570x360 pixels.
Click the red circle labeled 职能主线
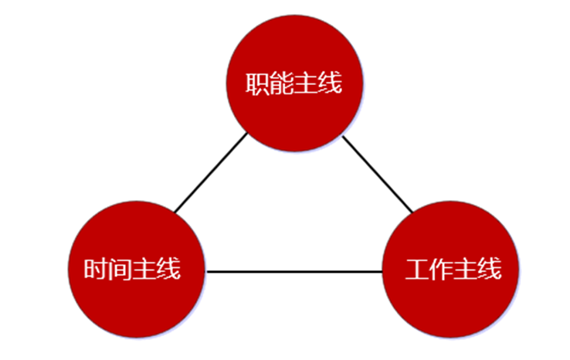[x=293, y=82]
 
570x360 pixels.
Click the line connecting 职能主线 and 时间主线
[x=211, y=173]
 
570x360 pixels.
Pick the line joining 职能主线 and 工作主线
[x=378, y=174]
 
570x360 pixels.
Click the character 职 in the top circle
[x=258, y=83]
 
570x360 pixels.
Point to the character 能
[x=282, y=83]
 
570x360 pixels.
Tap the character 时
[x=97, y=270]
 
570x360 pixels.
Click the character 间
[x=120, y=270]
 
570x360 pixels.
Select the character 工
[x=417, y=270]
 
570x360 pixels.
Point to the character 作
[x=441, y=270]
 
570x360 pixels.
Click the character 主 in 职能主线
[x=306, y=83]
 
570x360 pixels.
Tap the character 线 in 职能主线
[x=330, y=83]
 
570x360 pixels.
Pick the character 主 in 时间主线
[x=144, y=270]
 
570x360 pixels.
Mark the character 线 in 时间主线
[x=168, y=270]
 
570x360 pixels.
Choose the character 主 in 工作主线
[x=465, y=270]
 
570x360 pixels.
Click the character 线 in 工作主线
[x=489, y=270]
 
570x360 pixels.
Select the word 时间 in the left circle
[x=108, y=270]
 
